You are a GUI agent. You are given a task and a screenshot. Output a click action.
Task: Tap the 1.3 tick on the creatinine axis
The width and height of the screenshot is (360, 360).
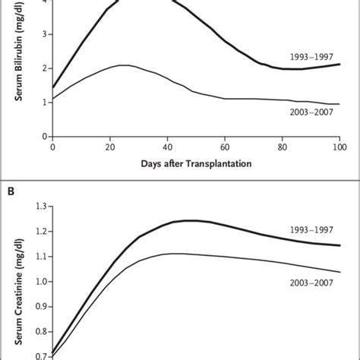coord(42,206)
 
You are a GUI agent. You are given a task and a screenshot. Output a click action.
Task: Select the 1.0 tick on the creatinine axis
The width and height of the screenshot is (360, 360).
coord(42,281)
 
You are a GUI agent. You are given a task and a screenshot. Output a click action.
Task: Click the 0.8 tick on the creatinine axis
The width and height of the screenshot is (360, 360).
coord(42,331)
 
